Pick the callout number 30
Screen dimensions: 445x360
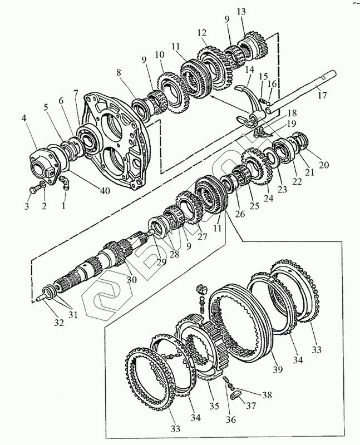click(x=132, y=280)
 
